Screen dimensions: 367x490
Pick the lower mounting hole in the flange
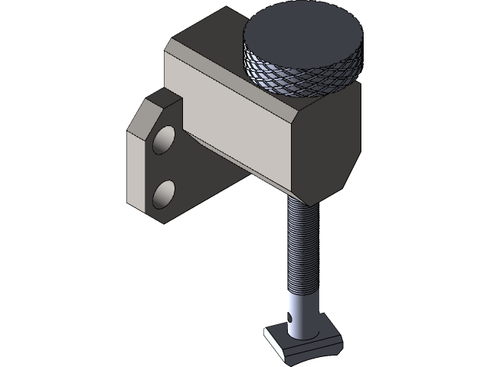[x=164, y=196]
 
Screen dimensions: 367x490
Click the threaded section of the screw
[x=300, y=245]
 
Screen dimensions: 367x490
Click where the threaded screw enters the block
[x=300, y=199]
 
